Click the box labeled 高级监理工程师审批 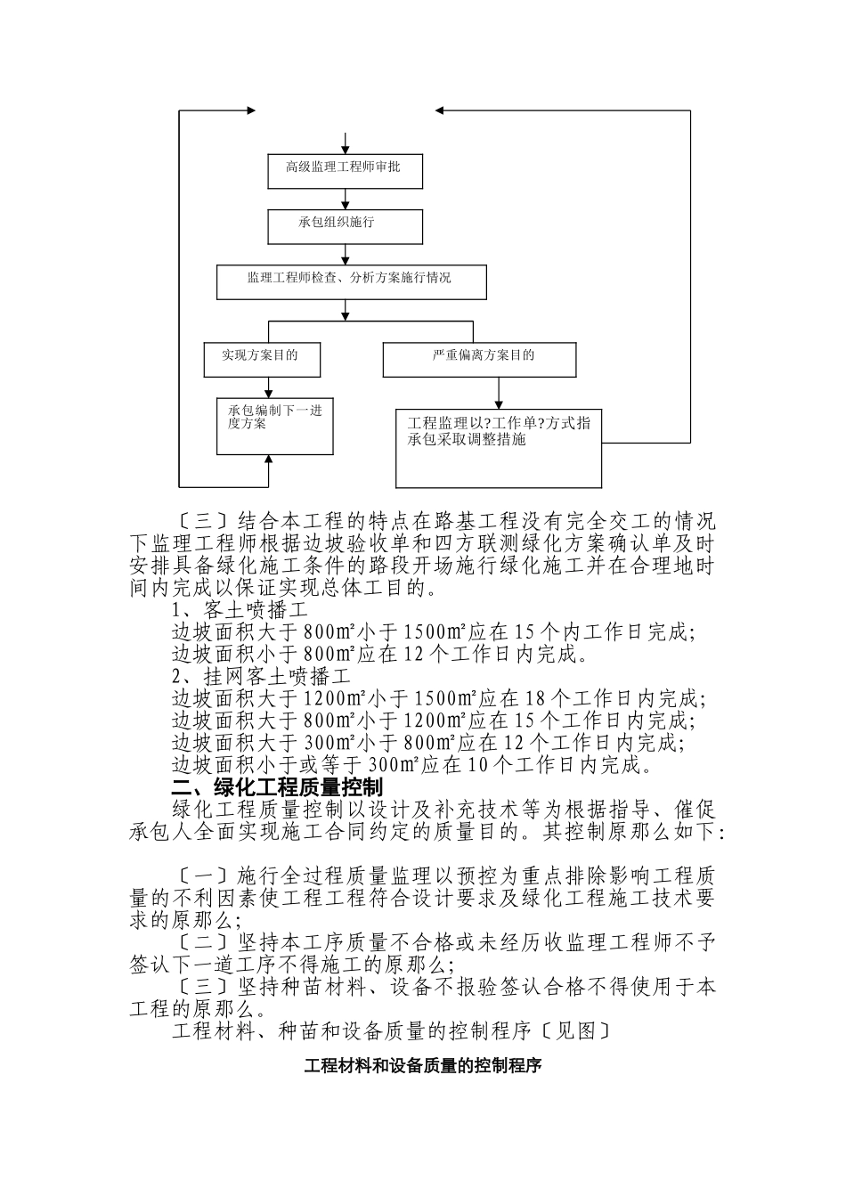pyautogui.click(x=345, y=170)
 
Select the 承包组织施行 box pyautogui.click(x=345, y=226)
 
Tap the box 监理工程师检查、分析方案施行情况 pyautogui.click(x=351, y=281)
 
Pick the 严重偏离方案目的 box pyautogui.click(x=479, y=359)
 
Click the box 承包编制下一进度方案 pyautogui.click(x=274, y=426)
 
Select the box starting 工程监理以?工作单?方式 pyautogui.click(x=498, y=448)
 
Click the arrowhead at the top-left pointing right pyautogui.click(x=249, y=110)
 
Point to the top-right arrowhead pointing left pyautogui.click(x=441, y=110)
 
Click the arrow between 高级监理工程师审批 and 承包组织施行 pyautogui.click(x=345, y=199)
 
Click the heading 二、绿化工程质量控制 pyautogui.click(x=277, y=787)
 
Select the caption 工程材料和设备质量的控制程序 pyautogui.click(x=423, y=1065)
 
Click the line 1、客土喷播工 pyautogui.click(x=240, y=610)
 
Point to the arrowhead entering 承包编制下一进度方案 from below pyautogui.click(x=268, y=460)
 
